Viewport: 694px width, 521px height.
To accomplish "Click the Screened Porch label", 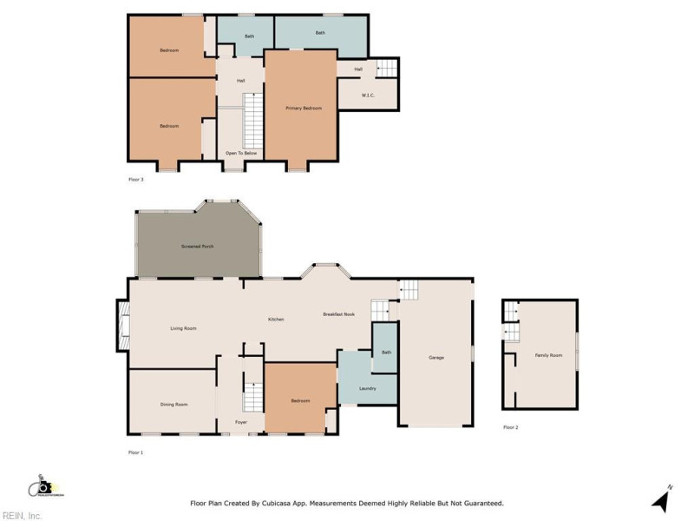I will point(197,247).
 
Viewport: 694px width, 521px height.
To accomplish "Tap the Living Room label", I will point(183,328).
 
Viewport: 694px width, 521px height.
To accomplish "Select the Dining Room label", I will point(174,404).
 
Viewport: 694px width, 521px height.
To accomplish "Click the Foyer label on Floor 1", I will point(241,422).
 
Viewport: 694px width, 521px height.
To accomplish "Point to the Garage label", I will point(436,358).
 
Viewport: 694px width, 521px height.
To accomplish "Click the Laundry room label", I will point(367,388).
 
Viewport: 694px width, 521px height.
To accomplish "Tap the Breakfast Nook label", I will point(339,313).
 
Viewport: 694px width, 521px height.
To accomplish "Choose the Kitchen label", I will point(276,320).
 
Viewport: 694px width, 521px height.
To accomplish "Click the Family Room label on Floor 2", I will point(548,355).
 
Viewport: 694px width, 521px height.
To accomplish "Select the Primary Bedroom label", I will point(304,108).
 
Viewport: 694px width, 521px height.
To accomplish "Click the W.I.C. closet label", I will point(368,95).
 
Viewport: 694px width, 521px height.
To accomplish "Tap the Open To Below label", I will point(241,153).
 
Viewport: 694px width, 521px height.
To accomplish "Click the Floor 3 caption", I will point(135,180).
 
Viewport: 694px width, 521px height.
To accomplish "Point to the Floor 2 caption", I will point(510,427).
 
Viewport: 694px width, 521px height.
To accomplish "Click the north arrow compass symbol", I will point(661,501).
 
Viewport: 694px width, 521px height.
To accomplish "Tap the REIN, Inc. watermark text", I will point(21,515).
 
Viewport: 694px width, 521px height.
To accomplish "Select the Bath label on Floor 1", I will point(386,352).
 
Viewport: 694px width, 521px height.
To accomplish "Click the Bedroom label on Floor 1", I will point(300,400).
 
